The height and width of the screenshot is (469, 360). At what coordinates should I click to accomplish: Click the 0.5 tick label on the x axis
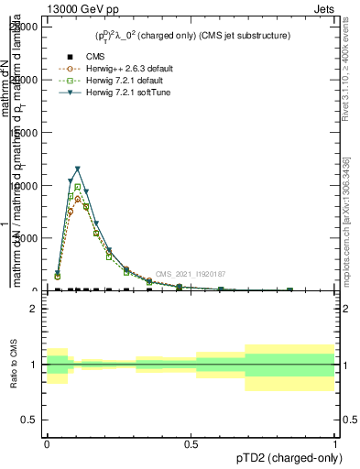point(191,442)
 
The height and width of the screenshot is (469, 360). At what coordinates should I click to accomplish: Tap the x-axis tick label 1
point(335,442)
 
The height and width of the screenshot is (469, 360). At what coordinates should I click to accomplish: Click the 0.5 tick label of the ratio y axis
point(29,420)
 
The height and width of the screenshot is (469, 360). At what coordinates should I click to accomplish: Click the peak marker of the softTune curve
point(78,169)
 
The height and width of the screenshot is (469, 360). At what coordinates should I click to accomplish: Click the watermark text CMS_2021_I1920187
point(190,274)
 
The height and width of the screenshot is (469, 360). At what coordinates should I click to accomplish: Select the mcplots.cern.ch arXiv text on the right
point(344,211)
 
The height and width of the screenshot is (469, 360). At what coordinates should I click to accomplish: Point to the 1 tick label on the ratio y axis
point(33,365)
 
